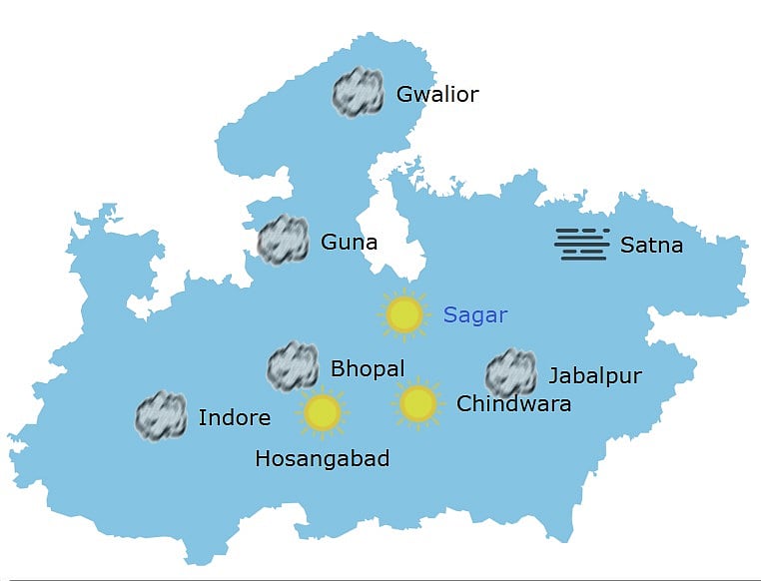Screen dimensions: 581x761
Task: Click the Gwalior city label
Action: coord(437,95)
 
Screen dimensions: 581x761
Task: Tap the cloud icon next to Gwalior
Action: coord(359,93)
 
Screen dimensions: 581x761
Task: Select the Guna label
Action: coord(349,243)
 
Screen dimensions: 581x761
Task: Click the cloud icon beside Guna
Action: coord(283,240)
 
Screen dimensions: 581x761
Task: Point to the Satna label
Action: coord(651,245)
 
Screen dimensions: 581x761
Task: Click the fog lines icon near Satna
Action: coord(582,244)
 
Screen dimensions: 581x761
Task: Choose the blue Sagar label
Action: coord(475,315)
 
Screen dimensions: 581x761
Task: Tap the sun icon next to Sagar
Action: coord(404,314)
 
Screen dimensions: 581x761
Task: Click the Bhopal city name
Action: coord(367,369)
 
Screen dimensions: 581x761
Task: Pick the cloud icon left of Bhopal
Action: coord(293,366)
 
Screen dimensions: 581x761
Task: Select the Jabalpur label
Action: coord(594,376)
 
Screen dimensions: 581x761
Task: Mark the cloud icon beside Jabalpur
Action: coord(510,373)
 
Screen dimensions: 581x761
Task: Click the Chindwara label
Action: coord(513,404)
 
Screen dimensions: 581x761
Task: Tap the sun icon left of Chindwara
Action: coord(417,403)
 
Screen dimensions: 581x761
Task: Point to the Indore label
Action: coord(235,417)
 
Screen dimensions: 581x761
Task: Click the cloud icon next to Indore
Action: coord(161,416)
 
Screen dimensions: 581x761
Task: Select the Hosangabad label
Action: coord(322,459)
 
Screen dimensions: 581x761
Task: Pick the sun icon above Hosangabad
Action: coord(323,411)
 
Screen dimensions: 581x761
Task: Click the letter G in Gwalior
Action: coord(404,95)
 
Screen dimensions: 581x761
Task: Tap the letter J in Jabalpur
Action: coord(553,377)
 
